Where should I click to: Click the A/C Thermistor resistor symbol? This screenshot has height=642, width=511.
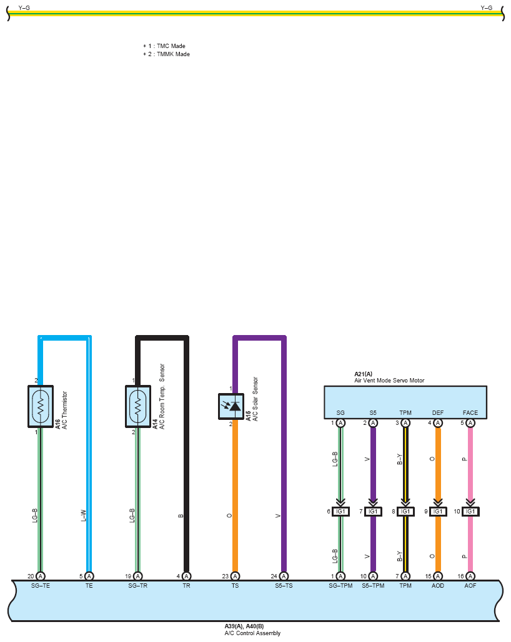tap(41, 406)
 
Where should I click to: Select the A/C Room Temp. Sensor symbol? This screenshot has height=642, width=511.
tap(138, 406)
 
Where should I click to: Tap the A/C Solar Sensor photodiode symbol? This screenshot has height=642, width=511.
tap(231, 406)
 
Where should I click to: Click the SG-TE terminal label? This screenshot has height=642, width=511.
tap(41, 585)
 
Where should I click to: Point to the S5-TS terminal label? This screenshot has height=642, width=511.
tap(284, 585)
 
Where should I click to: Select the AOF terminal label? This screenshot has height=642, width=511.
tap(470, 585)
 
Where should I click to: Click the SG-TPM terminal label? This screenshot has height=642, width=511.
tap(340, 585)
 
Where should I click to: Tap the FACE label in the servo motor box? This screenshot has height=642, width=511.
tap(470, 413)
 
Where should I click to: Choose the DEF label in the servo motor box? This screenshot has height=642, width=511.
tap(438, 413)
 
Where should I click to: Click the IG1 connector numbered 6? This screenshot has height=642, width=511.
tap(340, 512)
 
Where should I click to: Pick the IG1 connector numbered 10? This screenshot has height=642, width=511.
tap(470, 512)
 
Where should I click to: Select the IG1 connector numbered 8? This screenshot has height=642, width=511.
tap(405, 512)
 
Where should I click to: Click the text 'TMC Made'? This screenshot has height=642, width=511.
tap(171, 46)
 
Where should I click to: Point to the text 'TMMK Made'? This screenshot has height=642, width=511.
tap(173, 54)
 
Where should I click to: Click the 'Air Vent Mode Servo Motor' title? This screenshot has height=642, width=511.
tap(389, 381)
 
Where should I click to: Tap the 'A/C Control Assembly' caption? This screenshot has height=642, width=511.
tap(252, 633)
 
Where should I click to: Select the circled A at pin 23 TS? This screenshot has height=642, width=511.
tap(235, 576)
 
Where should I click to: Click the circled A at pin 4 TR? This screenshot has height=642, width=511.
tap(186, 576)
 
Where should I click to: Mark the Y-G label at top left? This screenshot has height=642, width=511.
tap(24, 7)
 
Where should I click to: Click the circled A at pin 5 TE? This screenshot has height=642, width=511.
tap(89, 576)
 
